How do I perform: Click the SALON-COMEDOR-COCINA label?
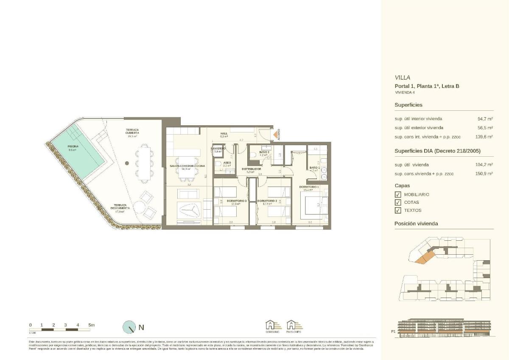(187, 166)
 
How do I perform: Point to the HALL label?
(224, 134)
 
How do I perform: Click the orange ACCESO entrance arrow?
(276, 135)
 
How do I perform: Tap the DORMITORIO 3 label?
(237, 201)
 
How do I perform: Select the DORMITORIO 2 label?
(267, 201)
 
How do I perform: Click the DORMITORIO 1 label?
(309, 187)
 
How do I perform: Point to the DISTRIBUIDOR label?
(251, 169)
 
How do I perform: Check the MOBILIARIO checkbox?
(398, 194)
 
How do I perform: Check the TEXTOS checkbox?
(398, 211)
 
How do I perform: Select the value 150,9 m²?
(484, 174)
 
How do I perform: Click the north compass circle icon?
(129, 327)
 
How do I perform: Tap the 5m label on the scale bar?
(91, 325)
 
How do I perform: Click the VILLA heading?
(403, 78)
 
